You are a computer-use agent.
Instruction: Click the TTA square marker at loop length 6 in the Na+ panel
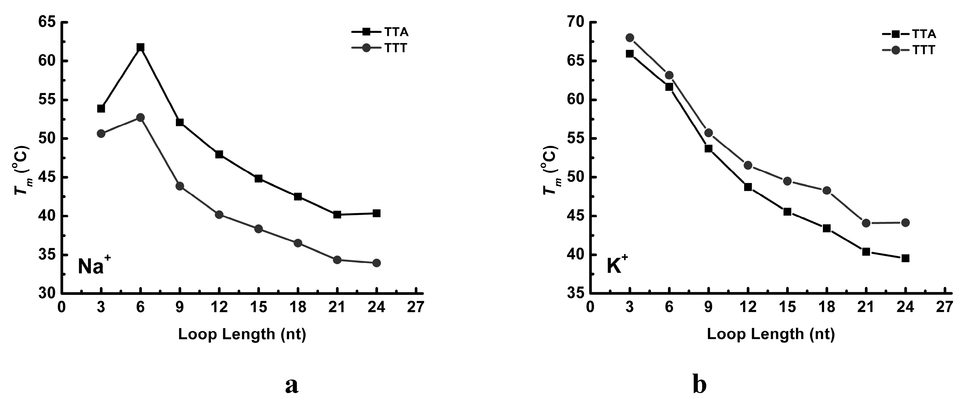(140, 47)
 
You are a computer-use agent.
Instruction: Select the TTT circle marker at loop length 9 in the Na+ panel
(180, 186)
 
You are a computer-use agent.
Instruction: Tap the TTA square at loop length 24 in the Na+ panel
(376, 213)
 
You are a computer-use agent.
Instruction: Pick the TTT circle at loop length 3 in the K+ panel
(630, 38)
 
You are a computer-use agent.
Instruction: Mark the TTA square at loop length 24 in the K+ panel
(905, 258)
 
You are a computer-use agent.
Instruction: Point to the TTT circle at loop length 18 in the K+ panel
(827, 191)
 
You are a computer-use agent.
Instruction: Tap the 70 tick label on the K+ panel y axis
(576, 23)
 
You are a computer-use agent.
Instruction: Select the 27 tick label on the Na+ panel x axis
(416, 307)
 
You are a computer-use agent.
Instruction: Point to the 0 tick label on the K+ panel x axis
(590, 307)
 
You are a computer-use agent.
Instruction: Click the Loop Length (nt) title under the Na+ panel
(242, 334)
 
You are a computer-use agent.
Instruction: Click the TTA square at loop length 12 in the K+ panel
(748, 187)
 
